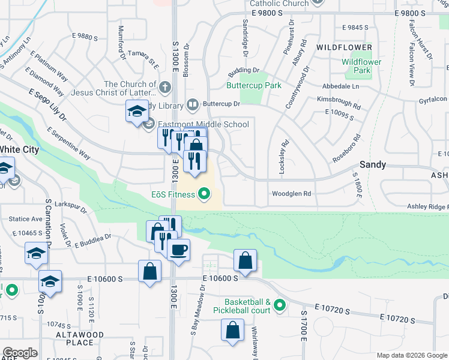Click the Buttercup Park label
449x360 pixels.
[x=254, y=86]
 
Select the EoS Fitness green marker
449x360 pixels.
[x=204, y=194]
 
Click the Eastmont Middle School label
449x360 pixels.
[x=203, y=125]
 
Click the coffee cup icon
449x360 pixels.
[x=179, y=249]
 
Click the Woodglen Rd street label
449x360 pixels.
[x=291, y=194]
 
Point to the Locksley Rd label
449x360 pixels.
[x=282, y=157]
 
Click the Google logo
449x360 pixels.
[x=20, y=353]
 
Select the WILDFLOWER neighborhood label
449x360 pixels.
[x=344, y=47]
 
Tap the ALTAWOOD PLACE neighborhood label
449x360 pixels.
[x=80, y=338]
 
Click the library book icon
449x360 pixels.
[x=192, y=104]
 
